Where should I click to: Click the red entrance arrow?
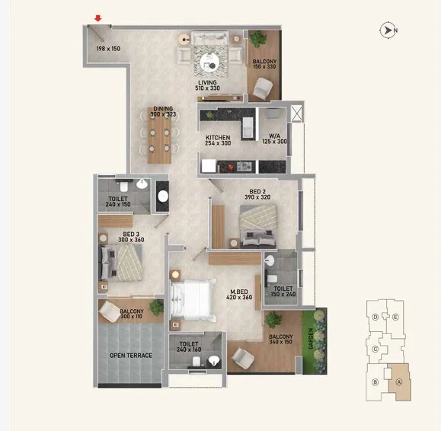click(x=98, y=18)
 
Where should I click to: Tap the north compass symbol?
click(x=388, y=30)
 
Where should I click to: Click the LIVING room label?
click(x=207, y=82)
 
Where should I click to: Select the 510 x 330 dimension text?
click(x=207, y=88)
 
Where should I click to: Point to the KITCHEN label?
click(x=218, y=138)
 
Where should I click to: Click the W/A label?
click(x=274, y=136)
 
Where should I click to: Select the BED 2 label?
click(x=257, y=191)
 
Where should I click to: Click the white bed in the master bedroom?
click(x=193, y=300)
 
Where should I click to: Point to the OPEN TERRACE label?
click(x=131, y=356)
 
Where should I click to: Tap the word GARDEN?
click(x=311, y=339)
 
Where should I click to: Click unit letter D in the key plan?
click(x=375, y=317)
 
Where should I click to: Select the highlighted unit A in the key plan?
click(x=399, y=382)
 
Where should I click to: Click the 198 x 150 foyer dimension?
click(x=108, y=49)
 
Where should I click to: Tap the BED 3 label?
click(x=131, y=235)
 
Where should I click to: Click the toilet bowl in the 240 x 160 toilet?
click(x=197, y=362)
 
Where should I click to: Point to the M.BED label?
click(x=239, y=292)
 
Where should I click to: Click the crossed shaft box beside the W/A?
click(x=296, y=113)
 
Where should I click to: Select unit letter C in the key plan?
click(x=375, y=350)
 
